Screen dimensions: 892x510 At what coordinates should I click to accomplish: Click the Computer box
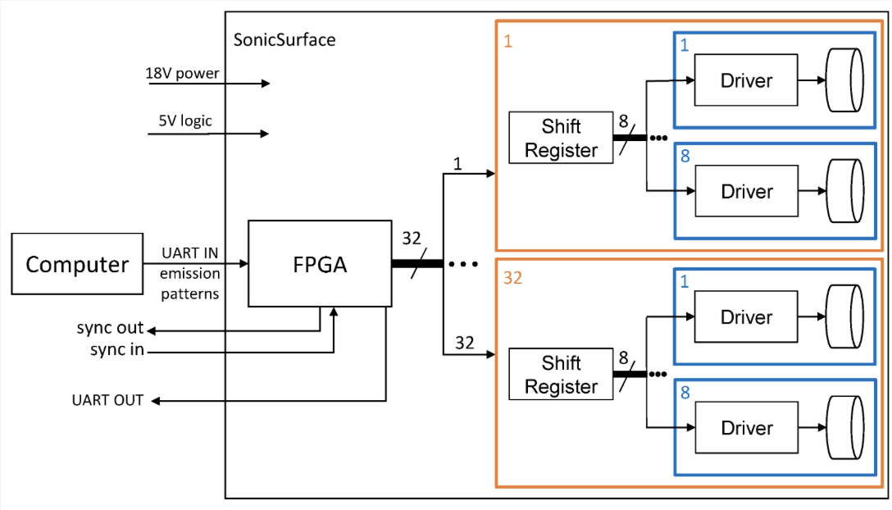[x=77, y=263]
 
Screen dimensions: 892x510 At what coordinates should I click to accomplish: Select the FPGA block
[x=320, y=263]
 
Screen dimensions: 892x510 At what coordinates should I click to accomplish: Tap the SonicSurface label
[x=284, y=40]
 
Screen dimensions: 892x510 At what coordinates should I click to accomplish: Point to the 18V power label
[x=182, y=73]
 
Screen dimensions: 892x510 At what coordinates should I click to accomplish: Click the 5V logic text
[x=185, y=121]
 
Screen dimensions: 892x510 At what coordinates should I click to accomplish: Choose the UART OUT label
[x=107, y=400]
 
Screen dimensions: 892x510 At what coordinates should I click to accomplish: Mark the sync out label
[x=110, y=328]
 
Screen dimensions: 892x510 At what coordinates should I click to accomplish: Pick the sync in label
[x=116, y=349]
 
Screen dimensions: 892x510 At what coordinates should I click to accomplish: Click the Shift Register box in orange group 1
[x=561, y=138]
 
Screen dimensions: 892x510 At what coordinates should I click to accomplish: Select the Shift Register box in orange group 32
[x=561, y=374]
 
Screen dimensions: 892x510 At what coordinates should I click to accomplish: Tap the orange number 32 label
[x=512, y=278]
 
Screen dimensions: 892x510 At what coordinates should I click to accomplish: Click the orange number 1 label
[x=508, y=41]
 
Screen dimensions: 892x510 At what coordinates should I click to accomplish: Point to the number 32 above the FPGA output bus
[x=412, y=238]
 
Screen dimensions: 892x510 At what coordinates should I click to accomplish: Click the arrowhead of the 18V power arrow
[x=266, y=84]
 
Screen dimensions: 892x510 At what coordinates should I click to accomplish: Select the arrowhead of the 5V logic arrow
[x=265, y=134]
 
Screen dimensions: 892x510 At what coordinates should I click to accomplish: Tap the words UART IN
[x=189, y=253]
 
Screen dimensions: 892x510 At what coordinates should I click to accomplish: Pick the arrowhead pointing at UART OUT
[x=155, y=401]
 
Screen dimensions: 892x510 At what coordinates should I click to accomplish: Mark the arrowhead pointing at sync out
[x=152, y=330]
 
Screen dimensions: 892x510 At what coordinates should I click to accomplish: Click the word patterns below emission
[x=189, y=294]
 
